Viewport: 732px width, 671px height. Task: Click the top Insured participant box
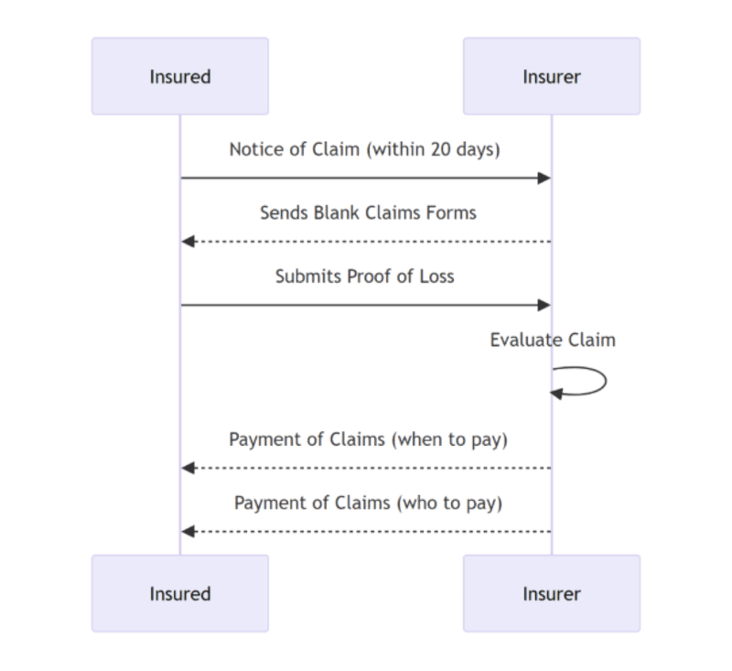click(x=180, y=76)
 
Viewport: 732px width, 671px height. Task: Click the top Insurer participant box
click(x=552, y=76)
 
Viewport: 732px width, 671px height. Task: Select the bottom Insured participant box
click(x=180, y=593)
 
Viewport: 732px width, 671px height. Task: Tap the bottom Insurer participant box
click(x=552, y=593)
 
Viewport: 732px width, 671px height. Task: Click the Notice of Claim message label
click(x=364, y=149)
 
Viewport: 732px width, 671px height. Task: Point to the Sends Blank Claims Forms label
click(x=368, y=212)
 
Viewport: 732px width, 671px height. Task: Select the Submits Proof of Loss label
click(x=364, y=276)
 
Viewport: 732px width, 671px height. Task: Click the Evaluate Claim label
click(x=553, y=340)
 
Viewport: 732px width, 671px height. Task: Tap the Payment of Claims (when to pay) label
click(x=368, y=439)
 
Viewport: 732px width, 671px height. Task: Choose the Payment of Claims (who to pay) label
click(x=368, y=503)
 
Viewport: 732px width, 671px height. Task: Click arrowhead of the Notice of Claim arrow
click(x=544, y=178)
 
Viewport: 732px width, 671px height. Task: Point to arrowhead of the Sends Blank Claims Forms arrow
click(x=188, y=241)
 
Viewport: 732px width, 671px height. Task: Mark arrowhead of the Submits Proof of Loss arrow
click(x=544, y=305)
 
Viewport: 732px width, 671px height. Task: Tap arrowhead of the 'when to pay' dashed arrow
click(x=188, y=468)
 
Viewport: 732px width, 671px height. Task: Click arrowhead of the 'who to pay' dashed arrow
click(x=188, y=531)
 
